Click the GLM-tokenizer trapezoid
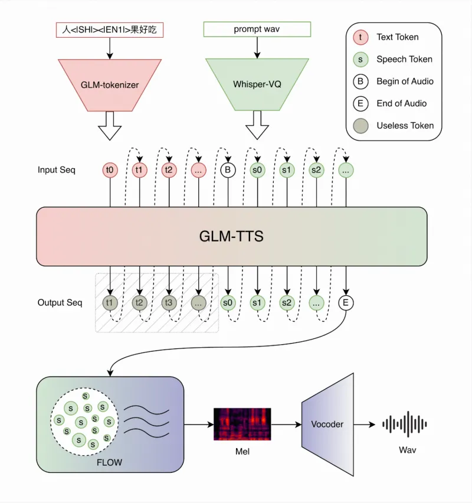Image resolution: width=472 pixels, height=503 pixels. coord(110,84)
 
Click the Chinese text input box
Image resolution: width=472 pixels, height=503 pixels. coord(110,30)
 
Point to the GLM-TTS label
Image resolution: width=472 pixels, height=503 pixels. coord(231,237)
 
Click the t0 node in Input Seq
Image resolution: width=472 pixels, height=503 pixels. coord(110,170)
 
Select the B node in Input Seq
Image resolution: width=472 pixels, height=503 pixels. coord(228,170)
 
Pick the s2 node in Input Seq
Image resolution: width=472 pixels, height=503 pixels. coord(316,170)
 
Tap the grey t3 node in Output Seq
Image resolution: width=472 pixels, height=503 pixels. coord(169,303)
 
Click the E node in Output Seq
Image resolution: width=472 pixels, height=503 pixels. coord(346,303)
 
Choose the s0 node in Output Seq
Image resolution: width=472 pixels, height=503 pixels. coord(228,303)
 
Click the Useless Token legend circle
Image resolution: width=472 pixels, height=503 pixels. coord(359,126)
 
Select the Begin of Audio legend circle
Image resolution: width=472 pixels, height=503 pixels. coord(359,81)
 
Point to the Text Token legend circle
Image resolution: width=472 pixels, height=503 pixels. coord(359,37)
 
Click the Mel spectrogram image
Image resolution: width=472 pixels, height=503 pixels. coord(242,424)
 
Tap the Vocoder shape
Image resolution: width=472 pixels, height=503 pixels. coord(327,424)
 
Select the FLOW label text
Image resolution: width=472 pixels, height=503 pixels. coord(109,462)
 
